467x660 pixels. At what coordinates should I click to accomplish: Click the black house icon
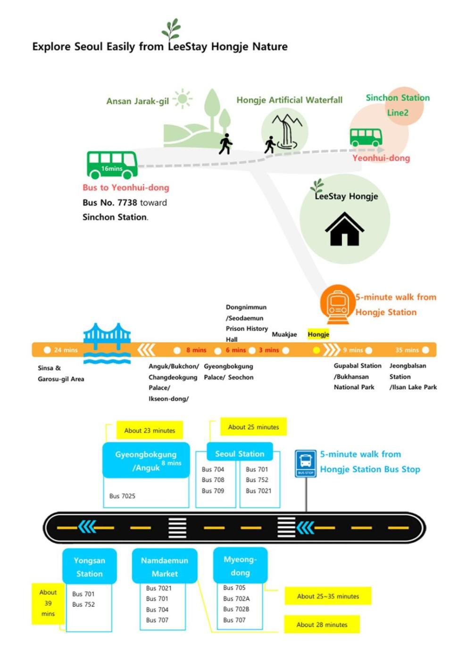coord(345,229)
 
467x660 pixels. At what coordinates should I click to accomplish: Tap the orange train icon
coord(338,304)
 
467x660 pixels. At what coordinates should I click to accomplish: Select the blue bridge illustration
coord(107,343)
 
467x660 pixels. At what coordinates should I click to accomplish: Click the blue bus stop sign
coord(306,463)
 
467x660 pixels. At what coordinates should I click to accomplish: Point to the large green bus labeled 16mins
coord(112,165)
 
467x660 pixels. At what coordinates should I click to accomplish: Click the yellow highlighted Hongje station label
coord(318,334)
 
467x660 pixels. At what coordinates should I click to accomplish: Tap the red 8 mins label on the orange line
coord(196,350)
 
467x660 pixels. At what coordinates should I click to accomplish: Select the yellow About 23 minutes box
coord(150,430)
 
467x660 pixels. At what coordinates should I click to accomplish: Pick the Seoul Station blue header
coord(240,454)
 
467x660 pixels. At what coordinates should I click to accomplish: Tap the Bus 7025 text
coord(122,496)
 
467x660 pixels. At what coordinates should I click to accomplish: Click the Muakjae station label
coord(284,334)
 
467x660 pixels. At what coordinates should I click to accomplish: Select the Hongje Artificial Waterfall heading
coord(289,100)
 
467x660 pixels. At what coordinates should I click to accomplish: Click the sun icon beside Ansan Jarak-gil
coord(182,99)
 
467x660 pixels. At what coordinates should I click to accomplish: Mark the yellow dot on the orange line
coord(317,350)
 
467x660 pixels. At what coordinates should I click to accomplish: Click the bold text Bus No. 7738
coord(109,203)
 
